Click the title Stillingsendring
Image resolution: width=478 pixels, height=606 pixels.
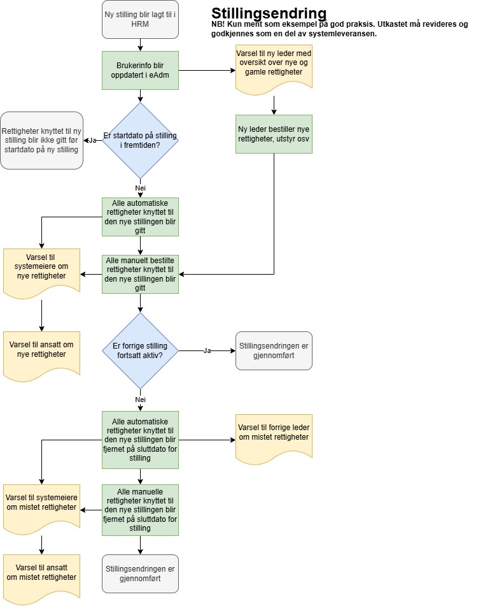point(269,13)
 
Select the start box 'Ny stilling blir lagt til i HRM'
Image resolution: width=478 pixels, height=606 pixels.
point(140,18)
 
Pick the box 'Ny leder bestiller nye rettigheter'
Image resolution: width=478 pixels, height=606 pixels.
point(274,134)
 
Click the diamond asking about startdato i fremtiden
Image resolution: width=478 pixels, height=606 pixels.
point(140,140)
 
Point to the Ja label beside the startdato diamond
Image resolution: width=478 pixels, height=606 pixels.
point(92,140)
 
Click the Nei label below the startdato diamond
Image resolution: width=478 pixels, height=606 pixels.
point(140,189)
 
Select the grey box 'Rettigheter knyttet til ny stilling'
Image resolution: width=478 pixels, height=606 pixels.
point(42,140)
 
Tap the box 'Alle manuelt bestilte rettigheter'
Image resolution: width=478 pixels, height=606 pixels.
point(140,274)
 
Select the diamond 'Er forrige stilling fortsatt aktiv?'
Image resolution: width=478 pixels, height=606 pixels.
point(140,350)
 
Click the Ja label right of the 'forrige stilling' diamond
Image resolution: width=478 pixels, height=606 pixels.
point(207,350)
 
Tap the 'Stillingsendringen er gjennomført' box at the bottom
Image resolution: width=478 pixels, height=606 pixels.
point(140,573)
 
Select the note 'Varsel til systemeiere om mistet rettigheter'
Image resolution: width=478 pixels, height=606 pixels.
point(41,510)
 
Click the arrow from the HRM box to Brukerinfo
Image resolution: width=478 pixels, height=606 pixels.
point(140,45)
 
